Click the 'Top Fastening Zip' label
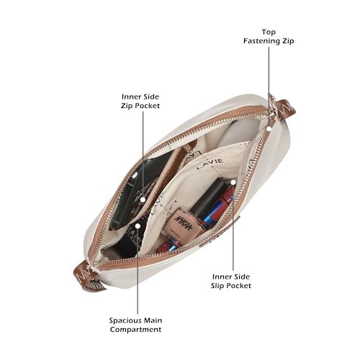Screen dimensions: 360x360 point(269,37)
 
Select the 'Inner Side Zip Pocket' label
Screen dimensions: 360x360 point(140,102)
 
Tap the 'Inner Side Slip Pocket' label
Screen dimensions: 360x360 point(231,282)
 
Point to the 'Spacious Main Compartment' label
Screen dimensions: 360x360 point(135,325)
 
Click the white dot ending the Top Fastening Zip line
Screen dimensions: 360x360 point(269,129)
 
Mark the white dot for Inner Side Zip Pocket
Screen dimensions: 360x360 point(143,199)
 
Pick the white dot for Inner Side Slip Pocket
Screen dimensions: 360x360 point(233,182)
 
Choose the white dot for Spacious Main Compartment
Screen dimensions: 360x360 point(138,226)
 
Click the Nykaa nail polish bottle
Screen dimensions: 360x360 point(185,222)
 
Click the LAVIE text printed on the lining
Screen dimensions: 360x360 point(210,164)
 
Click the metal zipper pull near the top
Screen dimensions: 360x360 point(273,106)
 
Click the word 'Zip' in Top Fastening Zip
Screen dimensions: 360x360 point(288,41)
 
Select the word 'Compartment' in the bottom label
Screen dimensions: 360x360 point(135,330)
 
